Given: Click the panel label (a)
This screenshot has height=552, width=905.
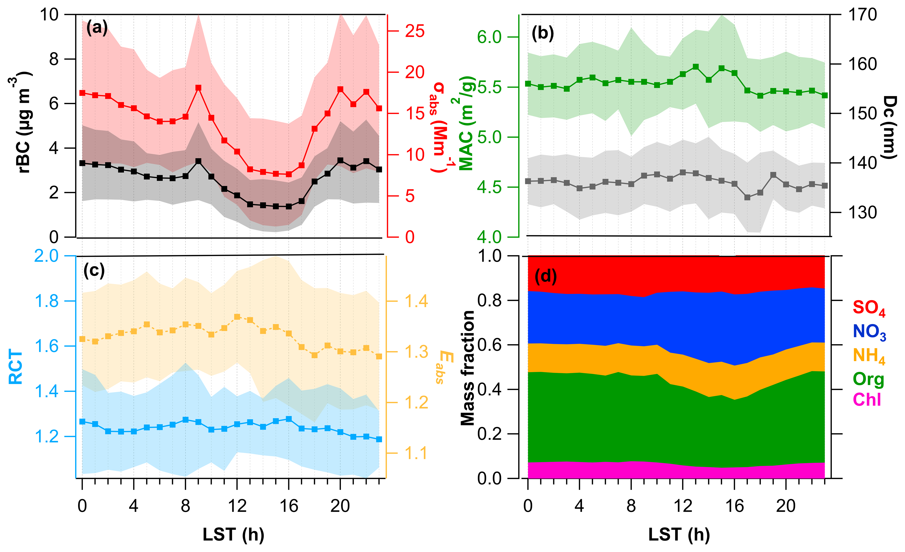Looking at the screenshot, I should pyautogui.click(x=97, y=28).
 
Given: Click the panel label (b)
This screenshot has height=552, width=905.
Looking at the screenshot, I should pyautogui.click(x=543, y=33).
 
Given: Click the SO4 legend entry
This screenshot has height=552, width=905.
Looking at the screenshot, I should pyautogui.click(x=869, y=308).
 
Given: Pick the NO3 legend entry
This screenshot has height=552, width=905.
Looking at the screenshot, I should pyautogui.click(x=869, y=332).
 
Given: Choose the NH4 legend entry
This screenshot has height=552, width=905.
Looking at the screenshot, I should pyautogui.click(x=869, y=356).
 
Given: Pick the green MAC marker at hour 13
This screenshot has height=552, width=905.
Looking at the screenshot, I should pyautogui.click(x=695, y=67).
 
